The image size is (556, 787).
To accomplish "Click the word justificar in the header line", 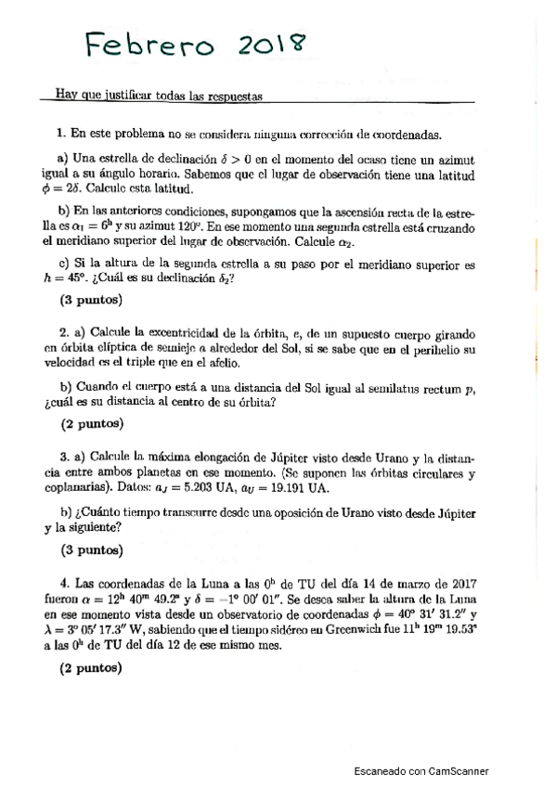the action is point(120,95).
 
